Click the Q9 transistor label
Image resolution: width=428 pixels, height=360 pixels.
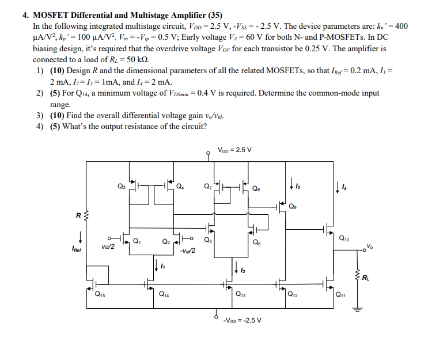pos(293,207)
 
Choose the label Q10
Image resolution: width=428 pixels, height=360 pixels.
pos(344,237)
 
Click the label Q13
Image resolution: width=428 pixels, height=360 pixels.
pos(239,295)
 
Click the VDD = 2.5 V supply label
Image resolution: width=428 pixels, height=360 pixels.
pos(234,150)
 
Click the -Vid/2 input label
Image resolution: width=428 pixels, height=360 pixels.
pos(188,250)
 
